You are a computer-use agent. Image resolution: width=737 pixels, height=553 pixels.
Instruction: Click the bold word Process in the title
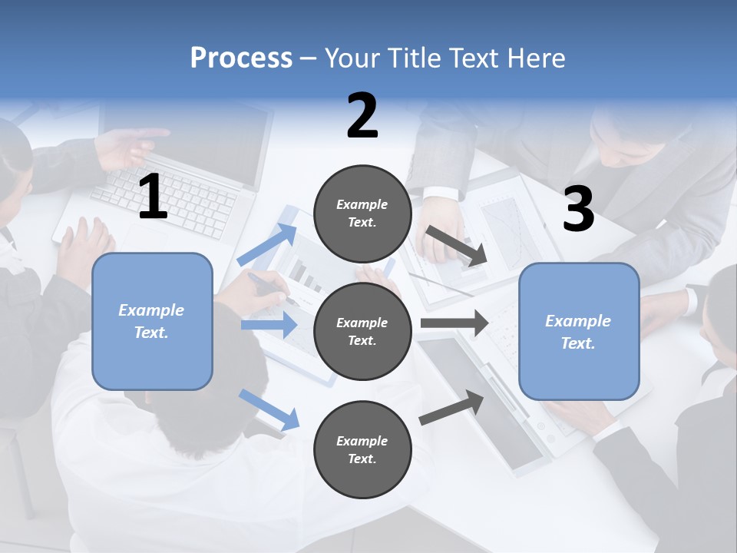coord(241,58)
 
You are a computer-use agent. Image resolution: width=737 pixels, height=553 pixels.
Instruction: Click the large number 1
coord(153,197)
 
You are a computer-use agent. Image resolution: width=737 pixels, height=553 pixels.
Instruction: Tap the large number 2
coord(362,116)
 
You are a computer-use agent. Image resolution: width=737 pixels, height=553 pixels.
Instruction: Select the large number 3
coord(578,210)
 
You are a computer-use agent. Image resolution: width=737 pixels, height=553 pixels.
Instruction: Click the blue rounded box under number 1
coord(152,321)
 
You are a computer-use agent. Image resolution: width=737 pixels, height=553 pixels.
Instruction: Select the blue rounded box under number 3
coord(579,331)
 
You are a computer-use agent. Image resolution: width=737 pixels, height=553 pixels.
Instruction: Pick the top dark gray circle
coord(362,214)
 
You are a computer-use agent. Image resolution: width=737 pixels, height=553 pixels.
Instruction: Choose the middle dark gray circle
coord(362,331)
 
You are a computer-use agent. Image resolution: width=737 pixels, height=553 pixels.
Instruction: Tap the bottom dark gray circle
coord(362,449)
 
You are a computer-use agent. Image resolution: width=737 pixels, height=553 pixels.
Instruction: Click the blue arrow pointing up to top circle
coord(267,245)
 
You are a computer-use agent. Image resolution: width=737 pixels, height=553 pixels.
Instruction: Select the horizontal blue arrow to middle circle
coord(269,325)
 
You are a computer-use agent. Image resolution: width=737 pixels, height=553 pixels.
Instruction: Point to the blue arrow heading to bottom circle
coord(269,409)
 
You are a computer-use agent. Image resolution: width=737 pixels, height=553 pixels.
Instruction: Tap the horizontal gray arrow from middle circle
coord(454,323)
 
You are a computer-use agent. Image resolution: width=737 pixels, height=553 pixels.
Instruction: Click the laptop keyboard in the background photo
coord(165,196)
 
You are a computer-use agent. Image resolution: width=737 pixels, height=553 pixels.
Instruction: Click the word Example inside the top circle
coord(362,204)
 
